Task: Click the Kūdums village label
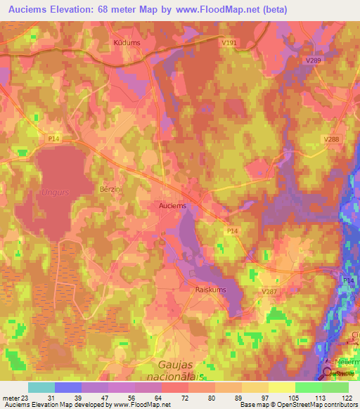(x=127, y=43)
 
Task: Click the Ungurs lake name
(x=54, y=192)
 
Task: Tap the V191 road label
(x=229, y=43)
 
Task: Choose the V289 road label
(x=314, y=61)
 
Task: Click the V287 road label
(x=269, y=291)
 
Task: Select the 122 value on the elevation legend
(x=347, y=398)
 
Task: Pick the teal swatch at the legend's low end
(x=41, y=387)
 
